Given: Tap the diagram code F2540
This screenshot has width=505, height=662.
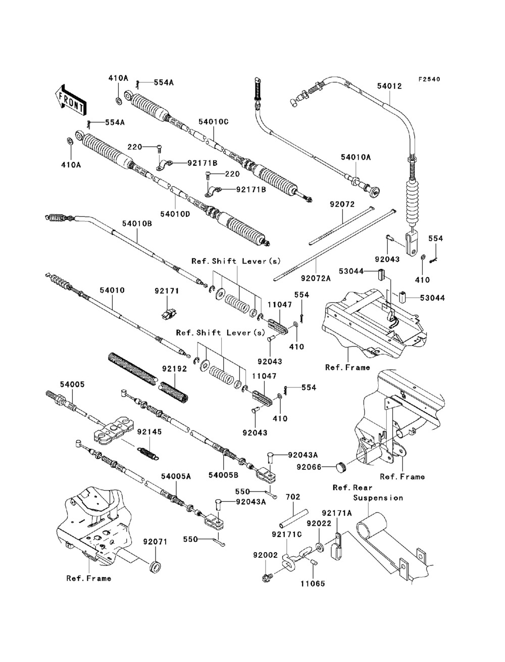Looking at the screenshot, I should [x=429, y=79].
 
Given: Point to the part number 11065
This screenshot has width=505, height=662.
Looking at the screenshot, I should [x=314, y=583].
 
